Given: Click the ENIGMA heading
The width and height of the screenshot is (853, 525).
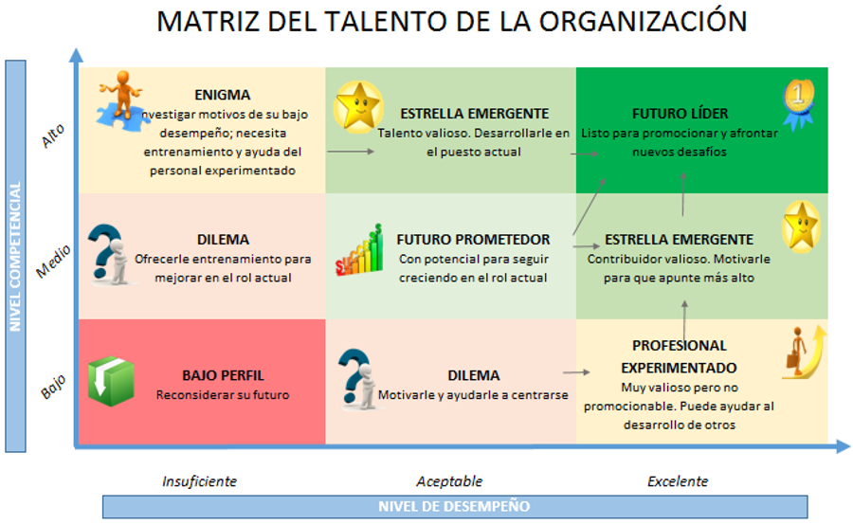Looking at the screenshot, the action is [223, 95].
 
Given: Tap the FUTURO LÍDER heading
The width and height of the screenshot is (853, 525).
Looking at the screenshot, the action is [680, 113].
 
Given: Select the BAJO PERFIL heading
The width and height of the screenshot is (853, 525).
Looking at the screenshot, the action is [223, 375].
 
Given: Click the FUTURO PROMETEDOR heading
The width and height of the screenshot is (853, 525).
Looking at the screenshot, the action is [473, 240].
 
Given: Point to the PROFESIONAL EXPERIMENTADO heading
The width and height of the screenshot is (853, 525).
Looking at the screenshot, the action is [679, 356].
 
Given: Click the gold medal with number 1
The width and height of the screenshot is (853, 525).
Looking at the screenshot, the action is [799, 104].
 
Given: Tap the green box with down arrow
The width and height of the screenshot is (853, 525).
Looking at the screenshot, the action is [111, 381].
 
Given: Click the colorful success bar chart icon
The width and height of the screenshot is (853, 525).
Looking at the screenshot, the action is [359, 250].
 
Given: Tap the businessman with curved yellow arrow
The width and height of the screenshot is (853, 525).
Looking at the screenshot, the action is [804, 353].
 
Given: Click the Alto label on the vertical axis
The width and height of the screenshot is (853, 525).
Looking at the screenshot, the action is [53, 136].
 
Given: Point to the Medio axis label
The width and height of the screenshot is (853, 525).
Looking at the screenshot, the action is [53, 262].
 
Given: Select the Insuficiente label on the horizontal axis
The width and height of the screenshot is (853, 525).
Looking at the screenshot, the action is [199, 481].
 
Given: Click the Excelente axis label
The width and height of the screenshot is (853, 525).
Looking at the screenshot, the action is [678, 481].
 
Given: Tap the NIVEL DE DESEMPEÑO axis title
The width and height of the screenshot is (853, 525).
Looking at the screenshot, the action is [454, 506].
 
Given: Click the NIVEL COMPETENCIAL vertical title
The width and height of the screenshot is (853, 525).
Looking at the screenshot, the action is [15, 256].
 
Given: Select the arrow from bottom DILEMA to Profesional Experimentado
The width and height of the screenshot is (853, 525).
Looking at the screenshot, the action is [576, 372].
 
